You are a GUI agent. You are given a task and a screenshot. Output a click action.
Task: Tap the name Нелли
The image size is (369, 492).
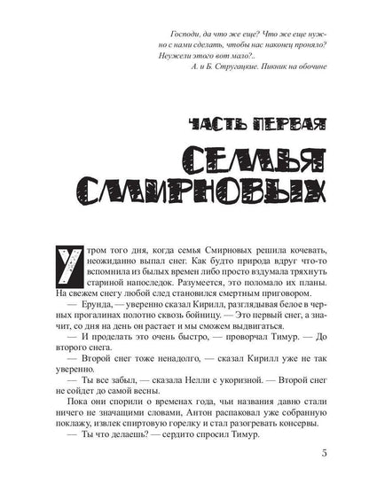(x=196, y=377)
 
